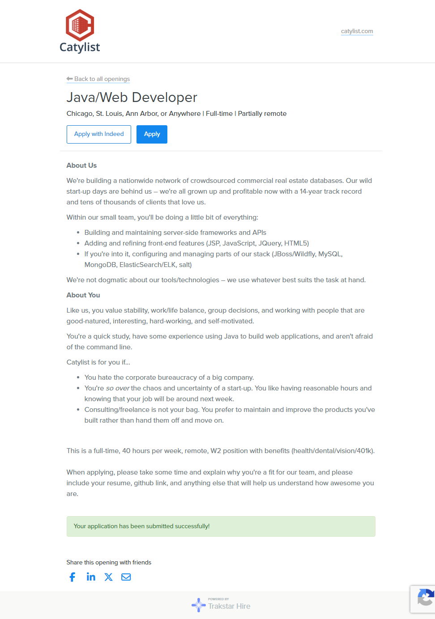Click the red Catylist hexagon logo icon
[80, 25]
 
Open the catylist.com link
[357, 31]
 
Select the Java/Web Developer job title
[132, 98]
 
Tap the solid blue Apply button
[152, 134]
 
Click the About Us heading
[81, 165]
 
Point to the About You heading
[83, 295]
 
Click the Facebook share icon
[72, 577]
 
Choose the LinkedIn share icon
[91, 577]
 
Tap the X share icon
[108, 577]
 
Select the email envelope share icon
[126, 577]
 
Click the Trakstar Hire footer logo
[221, 605]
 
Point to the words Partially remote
[262, 114]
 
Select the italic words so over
[118, 388]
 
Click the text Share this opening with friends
[109, 563]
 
